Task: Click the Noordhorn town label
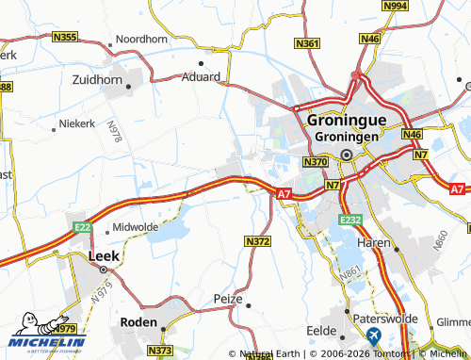pyautogui.click(x=141, y=41)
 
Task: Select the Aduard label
pyautogui.click(x=202, y=76)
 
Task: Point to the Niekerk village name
pyautogui.click(x=77, y=123)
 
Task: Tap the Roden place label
pyautogui.click(x=138, y=321)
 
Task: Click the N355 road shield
pyautogui.click(x=66, y=37)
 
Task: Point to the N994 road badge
pyautogui.click(x=398, y=6)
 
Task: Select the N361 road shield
pyautogui.click(x=307, y=43)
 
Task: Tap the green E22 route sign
pyautogui.click(x=82, y=227)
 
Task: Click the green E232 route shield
pyautogui.click(x=351, y=220)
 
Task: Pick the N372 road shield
pyautogui.click(x=257, y=242)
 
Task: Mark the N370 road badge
pyautogui.click(x=315, y=163)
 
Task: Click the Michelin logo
pyautogui.click(x=44, y=333)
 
